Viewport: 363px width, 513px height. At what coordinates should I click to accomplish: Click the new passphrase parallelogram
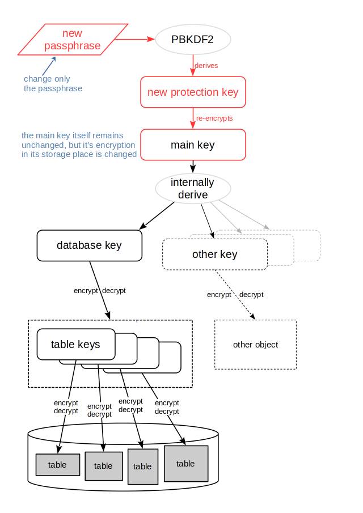73,40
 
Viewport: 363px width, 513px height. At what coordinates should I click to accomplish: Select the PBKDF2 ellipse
193,40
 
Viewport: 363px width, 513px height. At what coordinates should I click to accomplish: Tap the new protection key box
193,92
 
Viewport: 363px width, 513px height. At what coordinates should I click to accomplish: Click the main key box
193,145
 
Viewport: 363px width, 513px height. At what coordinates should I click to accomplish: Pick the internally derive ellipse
193,189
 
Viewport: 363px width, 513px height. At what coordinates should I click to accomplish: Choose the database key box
89,245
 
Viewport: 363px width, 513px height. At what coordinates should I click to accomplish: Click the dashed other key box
214,254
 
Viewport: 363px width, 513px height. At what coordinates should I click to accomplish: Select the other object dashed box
255,345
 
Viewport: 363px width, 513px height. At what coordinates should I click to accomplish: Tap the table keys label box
76,344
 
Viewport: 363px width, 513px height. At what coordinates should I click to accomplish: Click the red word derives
206,65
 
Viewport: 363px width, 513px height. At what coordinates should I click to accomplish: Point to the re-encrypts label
214,118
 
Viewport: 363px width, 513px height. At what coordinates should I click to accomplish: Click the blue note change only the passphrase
52,83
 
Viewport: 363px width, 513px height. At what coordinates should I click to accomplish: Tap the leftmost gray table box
57,465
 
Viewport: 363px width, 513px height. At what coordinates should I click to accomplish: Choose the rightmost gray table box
185,463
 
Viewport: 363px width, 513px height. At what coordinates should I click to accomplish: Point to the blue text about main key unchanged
79,145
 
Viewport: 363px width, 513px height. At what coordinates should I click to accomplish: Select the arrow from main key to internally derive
193,166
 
